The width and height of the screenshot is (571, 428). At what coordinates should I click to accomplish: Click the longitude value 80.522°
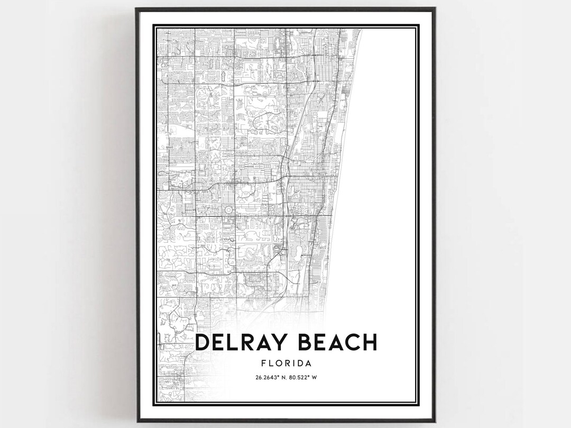tap(302, 377)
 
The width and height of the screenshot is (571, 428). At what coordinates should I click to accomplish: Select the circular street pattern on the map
tap(229, 210)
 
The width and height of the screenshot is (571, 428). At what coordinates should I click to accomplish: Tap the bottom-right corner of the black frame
tap(434, 421)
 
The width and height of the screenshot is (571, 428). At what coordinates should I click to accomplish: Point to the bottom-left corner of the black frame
tap(137, 421)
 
